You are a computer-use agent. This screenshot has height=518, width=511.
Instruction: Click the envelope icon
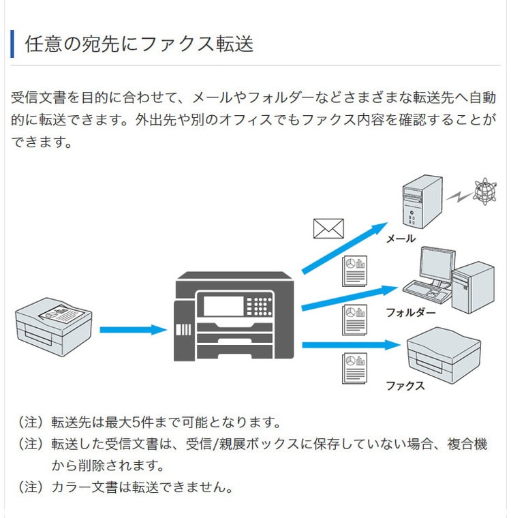point(328,228)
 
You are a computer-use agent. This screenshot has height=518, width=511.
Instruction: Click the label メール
point(401,239)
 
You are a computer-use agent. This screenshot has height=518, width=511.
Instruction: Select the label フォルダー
point(410,313)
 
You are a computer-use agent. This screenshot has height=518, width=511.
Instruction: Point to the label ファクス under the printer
point(405,386)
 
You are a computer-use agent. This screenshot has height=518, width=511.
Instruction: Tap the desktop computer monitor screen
point(437,265)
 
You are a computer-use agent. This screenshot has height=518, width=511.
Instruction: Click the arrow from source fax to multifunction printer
point(133,330)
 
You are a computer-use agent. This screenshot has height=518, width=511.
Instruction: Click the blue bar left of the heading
point(12,44)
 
